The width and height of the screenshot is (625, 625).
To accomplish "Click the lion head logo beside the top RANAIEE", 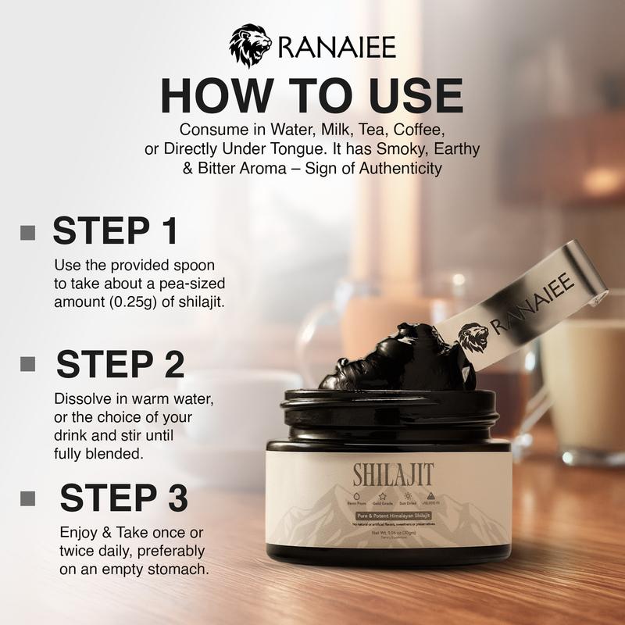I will [x=250, y=45].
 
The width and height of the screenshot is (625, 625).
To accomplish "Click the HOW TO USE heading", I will [x=312, y=95].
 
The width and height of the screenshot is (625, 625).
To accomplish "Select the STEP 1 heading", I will [x=115, y=232].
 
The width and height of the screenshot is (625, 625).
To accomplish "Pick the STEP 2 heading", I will [x=120, y=365].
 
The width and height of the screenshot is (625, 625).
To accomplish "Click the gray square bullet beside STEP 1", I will [x=29, y=232].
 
